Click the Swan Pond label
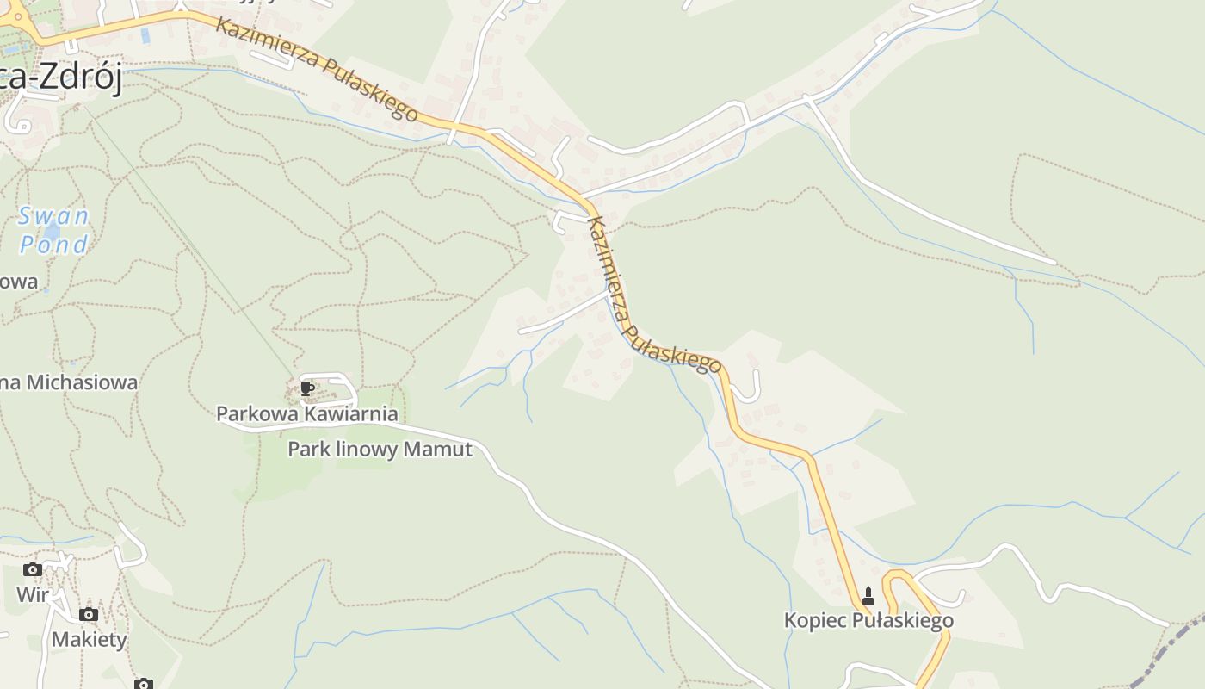[53, 231]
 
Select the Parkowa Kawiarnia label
[307, 414]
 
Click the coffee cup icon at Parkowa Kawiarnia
[307, 389]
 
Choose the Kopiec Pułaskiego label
[868, 621]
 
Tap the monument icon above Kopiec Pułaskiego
[868, 595]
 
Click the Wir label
[33, 595]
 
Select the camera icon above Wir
[33, 570]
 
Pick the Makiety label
[89, 640]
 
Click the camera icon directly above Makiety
[89, 615]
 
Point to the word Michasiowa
[82, 382]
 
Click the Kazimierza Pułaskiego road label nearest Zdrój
[317, 68]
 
